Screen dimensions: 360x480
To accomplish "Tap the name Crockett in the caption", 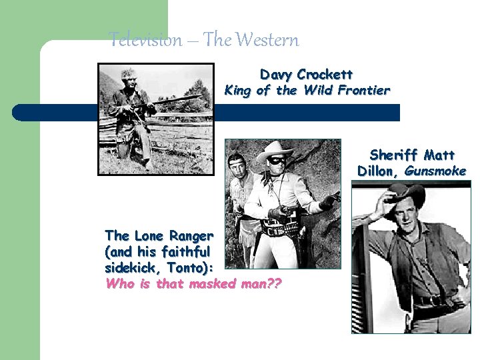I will pyautogui.click(x=325, y=74).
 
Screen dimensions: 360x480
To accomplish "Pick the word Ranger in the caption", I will pyautogui.click(x=192, y=236).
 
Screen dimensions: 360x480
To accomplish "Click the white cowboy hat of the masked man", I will pyautogui.click(x=275, y=150).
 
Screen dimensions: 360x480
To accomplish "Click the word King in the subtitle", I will pyautogui.click(x=238, y=90).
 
